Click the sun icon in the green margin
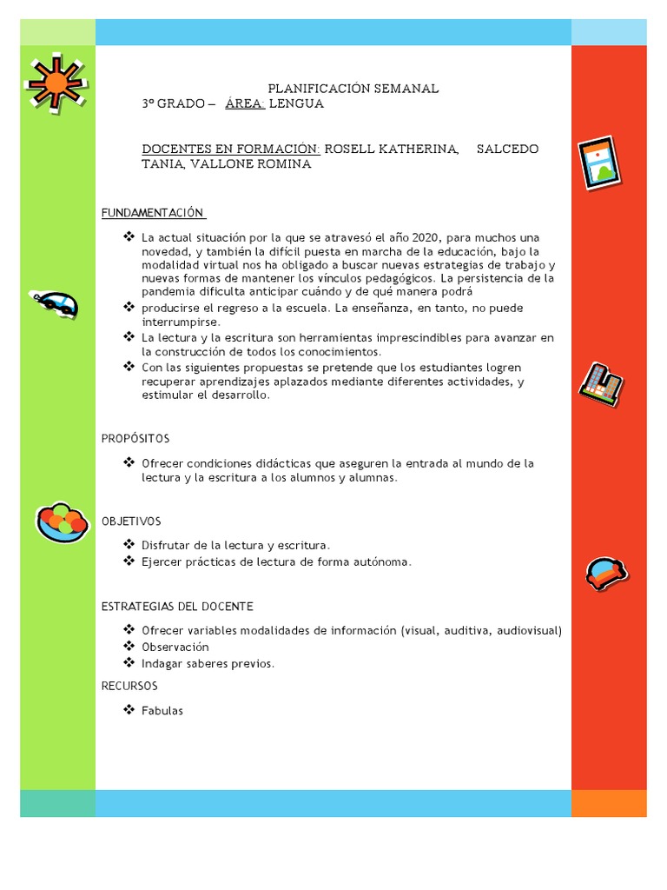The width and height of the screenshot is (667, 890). [x=55, y=84]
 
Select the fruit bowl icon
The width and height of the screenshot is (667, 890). [x=62, y=521]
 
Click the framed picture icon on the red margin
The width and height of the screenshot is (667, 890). [x=599, y=163]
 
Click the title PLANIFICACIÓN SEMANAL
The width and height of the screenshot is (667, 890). [x=353, y=89]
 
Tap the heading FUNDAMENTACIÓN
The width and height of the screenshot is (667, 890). [x=152, y=213]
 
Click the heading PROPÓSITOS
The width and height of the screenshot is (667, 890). [x=135, y=438]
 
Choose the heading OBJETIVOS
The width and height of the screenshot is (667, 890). [x=131, y=521]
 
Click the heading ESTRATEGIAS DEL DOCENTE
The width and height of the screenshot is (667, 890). [x=177, y=606]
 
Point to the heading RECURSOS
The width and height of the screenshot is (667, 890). [x=129, y=686]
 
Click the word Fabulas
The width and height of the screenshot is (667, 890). [x=162, y=710]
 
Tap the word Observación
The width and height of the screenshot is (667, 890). [x=175, y=647]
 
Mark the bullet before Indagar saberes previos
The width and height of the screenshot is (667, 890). [x=129, y=663]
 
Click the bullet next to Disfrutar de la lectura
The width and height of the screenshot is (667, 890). [x=129, y=545]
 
